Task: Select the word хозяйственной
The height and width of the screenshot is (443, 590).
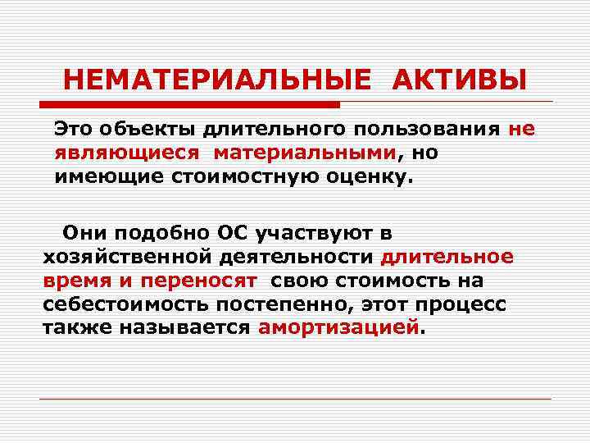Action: coord(126,257)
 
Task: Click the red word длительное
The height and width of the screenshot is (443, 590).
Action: coord(448,257)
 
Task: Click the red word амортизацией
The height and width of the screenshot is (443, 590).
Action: coord(338,328)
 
